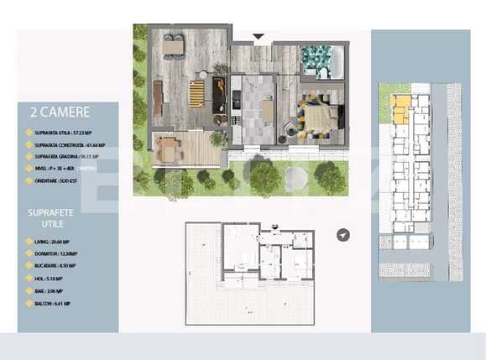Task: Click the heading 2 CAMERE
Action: pos(59,112)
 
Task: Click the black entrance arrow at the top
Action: pos(259,36)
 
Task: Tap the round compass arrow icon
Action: pos(343,236)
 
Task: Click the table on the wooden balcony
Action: pos(169,150)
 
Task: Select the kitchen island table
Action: pos(266,110)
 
